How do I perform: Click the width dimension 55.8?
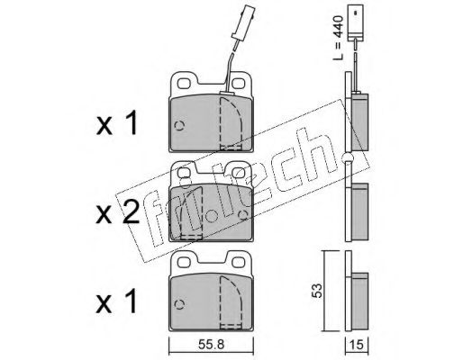[212, 345]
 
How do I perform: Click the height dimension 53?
[317, 290]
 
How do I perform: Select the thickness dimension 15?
[357, 345]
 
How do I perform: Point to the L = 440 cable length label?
[338, 38]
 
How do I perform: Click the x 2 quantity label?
[117, 212]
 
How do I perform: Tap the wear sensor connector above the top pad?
[243, 21]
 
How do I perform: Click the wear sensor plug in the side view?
[356, 22]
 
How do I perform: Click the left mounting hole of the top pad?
[185, 83]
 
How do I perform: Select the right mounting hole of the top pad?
[239, 83]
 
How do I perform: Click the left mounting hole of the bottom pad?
[185, 262]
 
